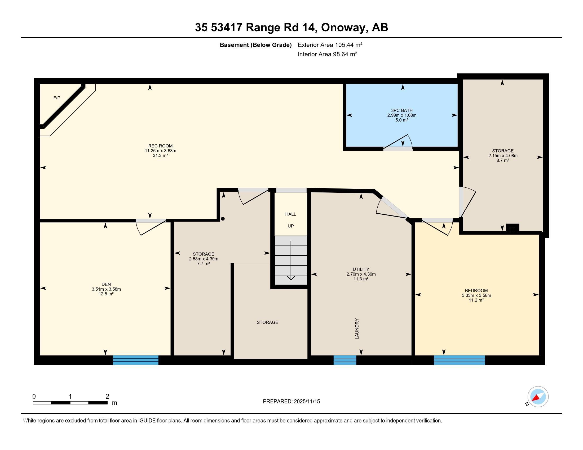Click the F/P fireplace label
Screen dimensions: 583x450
pos(57,98)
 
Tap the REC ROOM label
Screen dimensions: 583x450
pos(160,146)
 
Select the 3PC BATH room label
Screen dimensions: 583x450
pos(402,110)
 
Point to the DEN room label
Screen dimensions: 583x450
pos(106,284)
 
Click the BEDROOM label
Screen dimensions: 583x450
pos(476,291)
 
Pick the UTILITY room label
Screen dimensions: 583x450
pos(361,269)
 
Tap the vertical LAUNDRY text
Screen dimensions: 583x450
pos(357,329)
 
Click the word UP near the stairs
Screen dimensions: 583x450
pos(290,226)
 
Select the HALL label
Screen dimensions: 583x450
pos(290,214)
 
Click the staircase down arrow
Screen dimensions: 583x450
pos(291,260)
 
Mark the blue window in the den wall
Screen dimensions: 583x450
pos(136,360)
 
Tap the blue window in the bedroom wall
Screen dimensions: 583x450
pos(459,360)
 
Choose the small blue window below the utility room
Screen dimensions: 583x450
pos(345,360)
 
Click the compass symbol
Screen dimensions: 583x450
pos(538,397)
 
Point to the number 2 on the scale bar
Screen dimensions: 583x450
pos(107,397)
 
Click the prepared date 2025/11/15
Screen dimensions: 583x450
pos(307,402)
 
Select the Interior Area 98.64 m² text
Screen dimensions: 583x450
pos(327,54)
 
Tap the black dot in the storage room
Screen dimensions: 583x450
pos(223,219)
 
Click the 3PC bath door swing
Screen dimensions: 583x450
pos(398,142)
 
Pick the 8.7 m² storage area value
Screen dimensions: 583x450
pos(503,160)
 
